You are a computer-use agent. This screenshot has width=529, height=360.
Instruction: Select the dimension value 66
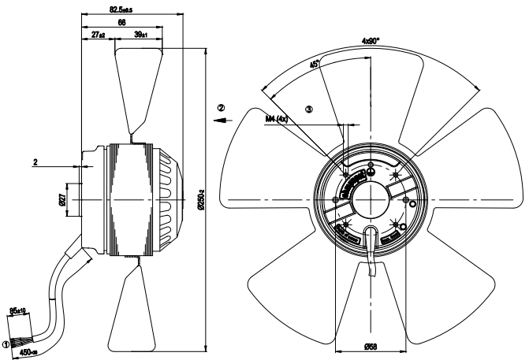point(122,24)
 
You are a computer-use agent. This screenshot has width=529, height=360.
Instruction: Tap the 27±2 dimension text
point(99,35)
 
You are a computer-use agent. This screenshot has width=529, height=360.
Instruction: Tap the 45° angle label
point(315,66)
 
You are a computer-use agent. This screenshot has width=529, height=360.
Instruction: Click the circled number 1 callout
point(7,343)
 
